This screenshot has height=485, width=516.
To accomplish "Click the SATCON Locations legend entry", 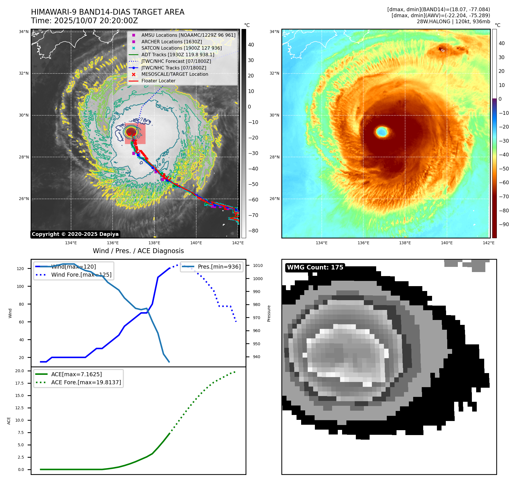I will coord(181,48).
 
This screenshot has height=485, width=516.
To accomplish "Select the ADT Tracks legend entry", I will coord(178,55).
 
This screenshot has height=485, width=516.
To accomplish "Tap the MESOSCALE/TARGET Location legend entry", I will coord(175,74).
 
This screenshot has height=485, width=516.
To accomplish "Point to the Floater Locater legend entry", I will coord(158,81).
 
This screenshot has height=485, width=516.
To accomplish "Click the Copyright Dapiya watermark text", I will coord(75,234).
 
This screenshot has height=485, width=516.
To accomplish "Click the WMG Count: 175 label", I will coord(315,267).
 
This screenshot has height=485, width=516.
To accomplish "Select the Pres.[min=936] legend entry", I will coord(219,267).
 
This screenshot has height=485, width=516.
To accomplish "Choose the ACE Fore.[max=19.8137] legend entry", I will coord(86,382).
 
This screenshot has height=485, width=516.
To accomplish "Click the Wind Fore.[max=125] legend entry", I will coord(81,275).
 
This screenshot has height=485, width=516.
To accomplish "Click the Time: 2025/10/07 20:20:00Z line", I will coord(85,21).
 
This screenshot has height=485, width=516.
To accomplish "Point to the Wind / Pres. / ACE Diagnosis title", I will coord(138,251).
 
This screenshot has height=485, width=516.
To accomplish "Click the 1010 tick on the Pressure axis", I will coord(258,265).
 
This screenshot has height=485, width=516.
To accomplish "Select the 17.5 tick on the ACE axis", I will coord(19,383).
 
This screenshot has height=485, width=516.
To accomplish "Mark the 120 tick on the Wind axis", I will coord(20,269).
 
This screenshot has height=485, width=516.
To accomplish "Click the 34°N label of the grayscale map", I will coord(24,32).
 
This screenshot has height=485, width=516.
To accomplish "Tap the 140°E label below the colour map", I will coord(447,243).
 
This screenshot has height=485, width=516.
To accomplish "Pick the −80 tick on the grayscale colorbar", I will coord(253,231).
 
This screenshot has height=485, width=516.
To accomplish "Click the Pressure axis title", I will coord(269,313).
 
